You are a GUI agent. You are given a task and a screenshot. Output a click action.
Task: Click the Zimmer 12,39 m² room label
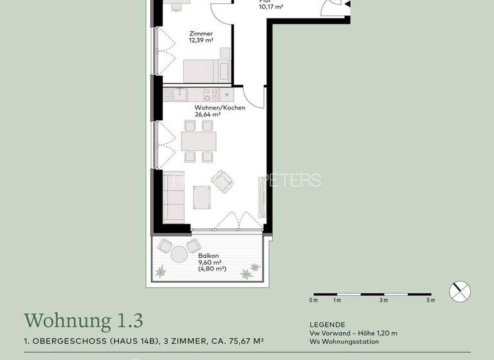(201, 37)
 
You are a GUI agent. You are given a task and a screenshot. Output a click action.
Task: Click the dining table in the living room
(199, 139)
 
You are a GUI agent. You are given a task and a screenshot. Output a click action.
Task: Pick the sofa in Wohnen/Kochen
(174, 197)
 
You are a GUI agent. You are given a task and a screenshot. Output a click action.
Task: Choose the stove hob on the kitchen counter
(218, 95)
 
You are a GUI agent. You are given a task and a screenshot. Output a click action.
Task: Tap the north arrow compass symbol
(460, 291)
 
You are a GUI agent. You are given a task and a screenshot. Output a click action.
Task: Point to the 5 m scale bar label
(430, 300)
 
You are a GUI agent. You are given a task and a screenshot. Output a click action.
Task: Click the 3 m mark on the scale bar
(383, 300)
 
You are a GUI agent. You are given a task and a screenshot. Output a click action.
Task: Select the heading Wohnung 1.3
(84, 319)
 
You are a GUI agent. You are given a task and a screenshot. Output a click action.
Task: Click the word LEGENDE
(327, 325)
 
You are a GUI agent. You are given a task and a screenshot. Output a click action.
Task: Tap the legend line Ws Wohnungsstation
(344, 341)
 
